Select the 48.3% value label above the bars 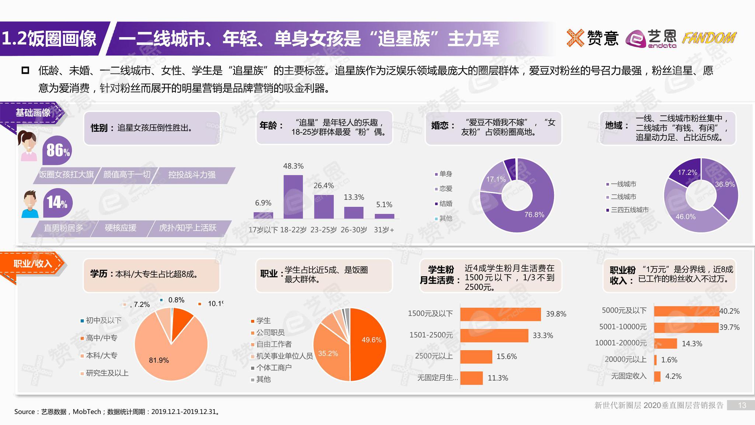[x=293, y=166]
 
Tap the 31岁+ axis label [x=384, y=230]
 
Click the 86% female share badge [x=58, y=151]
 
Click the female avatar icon [x=28, y=145]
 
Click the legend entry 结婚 [x=445, y=203]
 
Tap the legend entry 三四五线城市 [x=629, y=210]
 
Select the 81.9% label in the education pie [x=159, y=360]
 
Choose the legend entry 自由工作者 [x=274, y=344]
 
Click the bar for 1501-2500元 [x=494, y=335]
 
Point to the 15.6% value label [x=507, y=356]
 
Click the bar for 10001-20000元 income [x=665, y=343]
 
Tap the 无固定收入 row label [x=629, y=376]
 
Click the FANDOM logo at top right [x=709, y=38]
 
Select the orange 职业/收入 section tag [x=32, y=263]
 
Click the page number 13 [x=742, y=405]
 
